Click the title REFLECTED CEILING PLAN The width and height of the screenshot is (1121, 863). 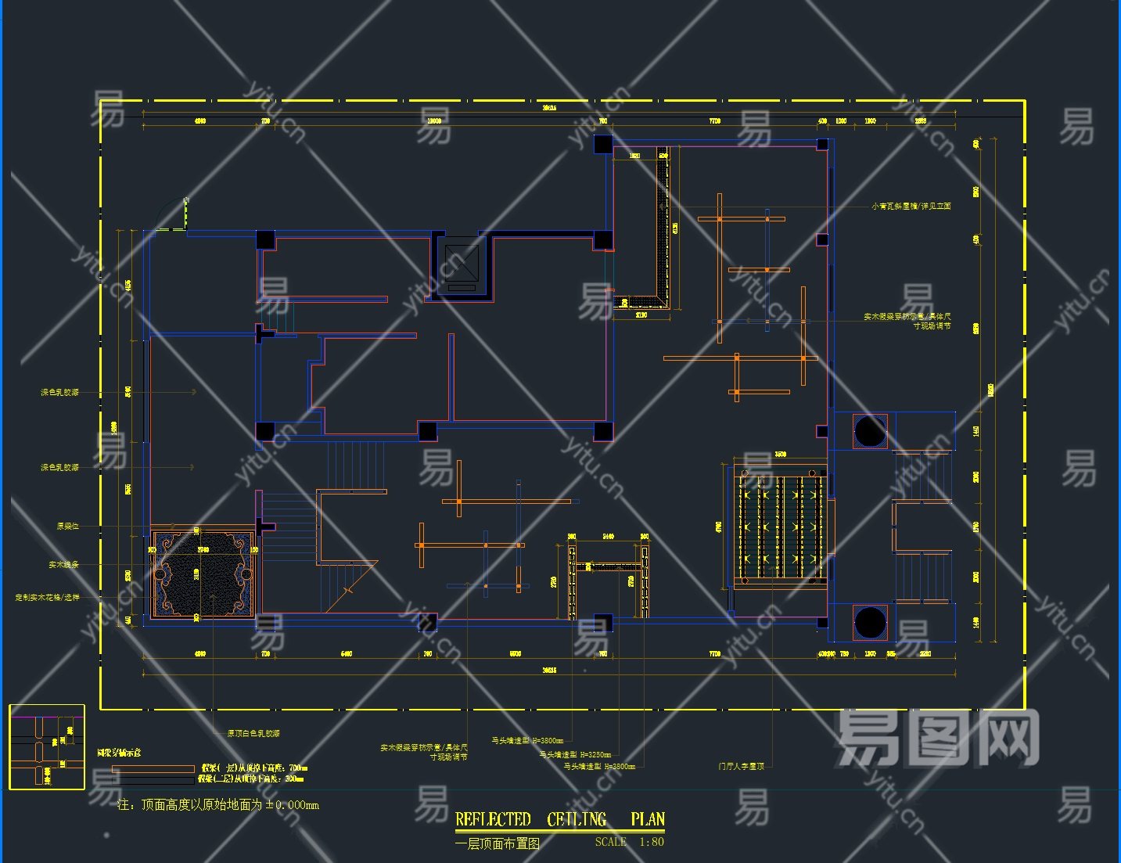tap(559, 820)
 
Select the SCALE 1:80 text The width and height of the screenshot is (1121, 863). tap(629, 843)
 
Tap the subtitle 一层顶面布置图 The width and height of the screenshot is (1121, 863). tap(498, 844)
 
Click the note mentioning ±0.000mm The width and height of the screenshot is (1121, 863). tap(218, 804)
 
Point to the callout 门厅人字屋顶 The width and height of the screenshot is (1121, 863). tap(741, 767)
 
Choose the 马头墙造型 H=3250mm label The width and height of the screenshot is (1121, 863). tap(575, 755)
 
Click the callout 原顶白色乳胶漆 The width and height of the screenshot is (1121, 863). tap(253, 734)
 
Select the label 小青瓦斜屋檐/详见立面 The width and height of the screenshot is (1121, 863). tap(911, 207)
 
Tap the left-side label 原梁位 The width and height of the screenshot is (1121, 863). tap(67, 527)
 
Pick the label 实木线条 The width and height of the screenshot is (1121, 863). tap(63, 564)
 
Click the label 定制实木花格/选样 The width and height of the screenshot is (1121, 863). tap(47, 598)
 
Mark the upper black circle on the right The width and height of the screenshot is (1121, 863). tap(870, 431)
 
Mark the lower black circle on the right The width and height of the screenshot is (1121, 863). tap(870, 623)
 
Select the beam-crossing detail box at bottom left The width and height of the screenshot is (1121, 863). tap(47, 747)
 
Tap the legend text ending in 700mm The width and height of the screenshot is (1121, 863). tap(254, 768)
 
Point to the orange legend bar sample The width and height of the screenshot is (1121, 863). tap(153, 769)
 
